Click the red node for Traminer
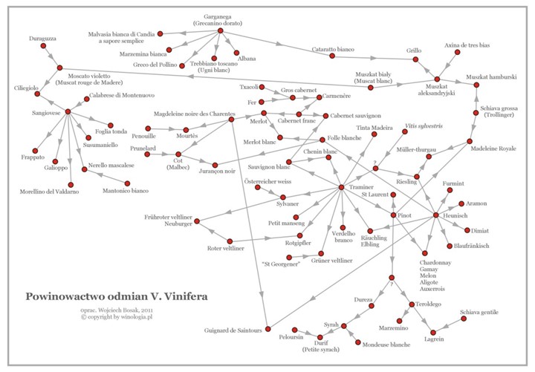coord(341,186)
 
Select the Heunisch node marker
coord(435,215)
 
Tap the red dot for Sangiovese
coord(68,111)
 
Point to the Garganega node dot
coord(221,30)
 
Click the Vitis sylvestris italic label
coord(424,127)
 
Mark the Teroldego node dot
coord(406,304)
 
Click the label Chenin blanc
coord(320,151)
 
